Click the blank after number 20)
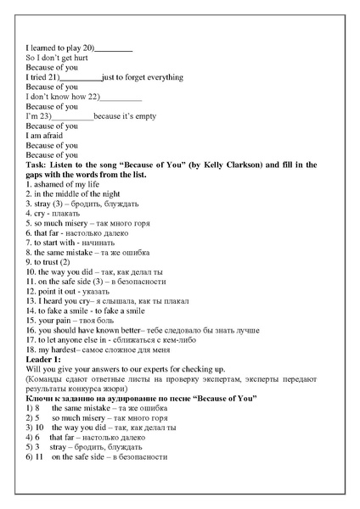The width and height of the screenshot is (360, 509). click(x=114, y=48)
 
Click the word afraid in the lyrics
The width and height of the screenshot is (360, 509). click(x=51, y=136)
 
